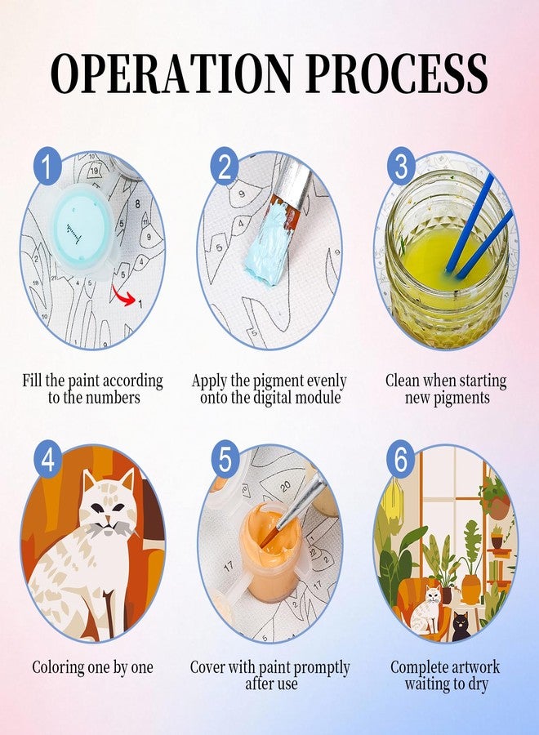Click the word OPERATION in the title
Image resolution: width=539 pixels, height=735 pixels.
pyautogui.click(x=172, y=73)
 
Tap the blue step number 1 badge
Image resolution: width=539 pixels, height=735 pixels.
pyautogui.click(x=47, y=166)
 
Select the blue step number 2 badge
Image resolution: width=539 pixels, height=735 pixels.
pyautogui.click(x=225, y=166)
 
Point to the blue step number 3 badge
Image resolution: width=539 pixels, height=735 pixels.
pyautogui.click(x=401, y=166)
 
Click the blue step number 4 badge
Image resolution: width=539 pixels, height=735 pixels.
pyautogui.click(x=47, y=458)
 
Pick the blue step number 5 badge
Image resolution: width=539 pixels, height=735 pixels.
pyautogui.click(x=225, y=458)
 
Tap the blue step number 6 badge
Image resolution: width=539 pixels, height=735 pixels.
pyautogui.click(x=401, y=458)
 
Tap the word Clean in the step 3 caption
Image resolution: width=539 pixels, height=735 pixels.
pyautogui.click(x=403, y=381)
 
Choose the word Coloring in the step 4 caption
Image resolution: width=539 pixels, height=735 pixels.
pyautogui.click(x=58, y=667)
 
